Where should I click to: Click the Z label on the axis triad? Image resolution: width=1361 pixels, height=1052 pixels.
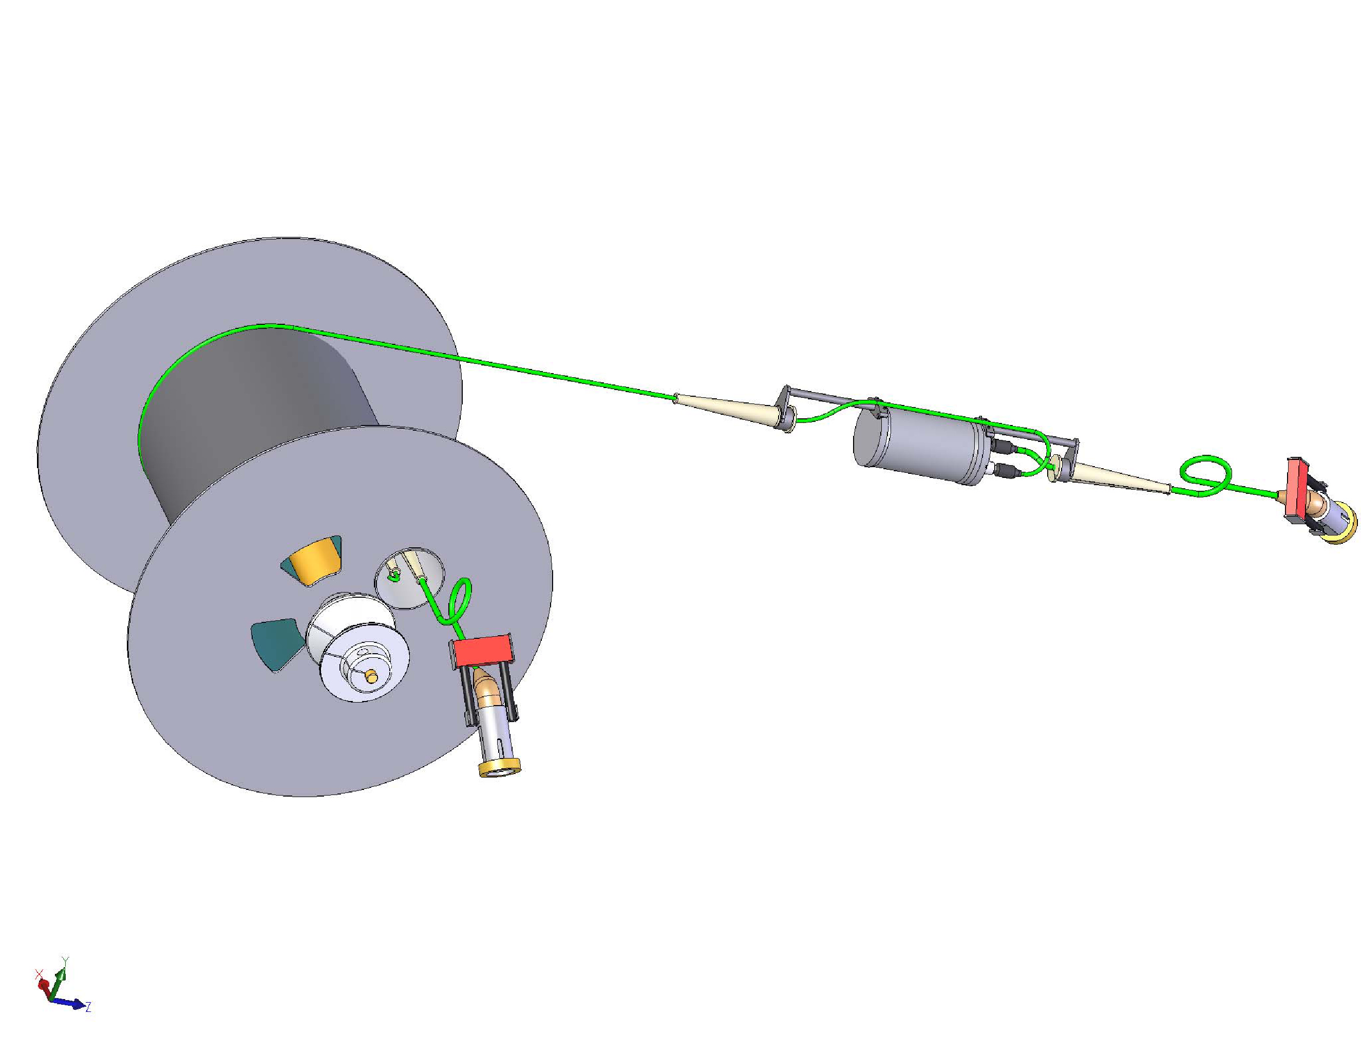coord(88,1007)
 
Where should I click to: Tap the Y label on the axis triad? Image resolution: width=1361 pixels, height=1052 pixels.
coord(65,961)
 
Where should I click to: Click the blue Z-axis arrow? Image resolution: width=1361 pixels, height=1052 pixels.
coord(67,1003)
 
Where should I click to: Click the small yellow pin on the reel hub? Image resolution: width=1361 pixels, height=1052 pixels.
coord(371,675)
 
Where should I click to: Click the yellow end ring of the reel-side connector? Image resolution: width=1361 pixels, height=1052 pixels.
coord(500,767)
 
